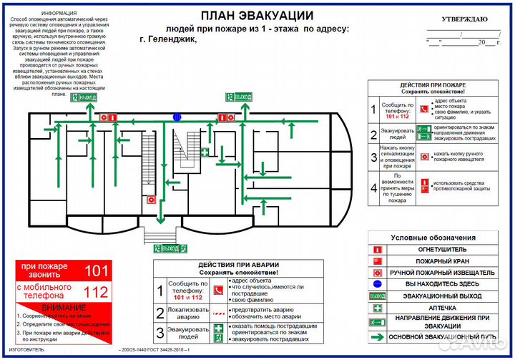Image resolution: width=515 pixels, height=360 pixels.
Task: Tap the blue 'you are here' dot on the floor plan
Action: [177, 117]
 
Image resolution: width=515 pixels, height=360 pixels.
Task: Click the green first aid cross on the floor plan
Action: [205, 152]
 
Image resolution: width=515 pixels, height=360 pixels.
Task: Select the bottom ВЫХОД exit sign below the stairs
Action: [171, 248]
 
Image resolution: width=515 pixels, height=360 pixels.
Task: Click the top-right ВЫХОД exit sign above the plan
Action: [240, 97]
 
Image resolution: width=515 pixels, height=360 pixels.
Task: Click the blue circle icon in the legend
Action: [378, 284]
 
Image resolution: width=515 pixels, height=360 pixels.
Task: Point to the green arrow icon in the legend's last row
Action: [378, 336]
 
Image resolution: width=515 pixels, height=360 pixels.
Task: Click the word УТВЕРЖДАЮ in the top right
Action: [464, 19]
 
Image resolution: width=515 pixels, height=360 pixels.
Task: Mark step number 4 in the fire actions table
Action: [373, 189]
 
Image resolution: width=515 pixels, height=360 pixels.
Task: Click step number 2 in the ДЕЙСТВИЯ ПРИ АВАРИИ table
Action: [160, 313]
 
